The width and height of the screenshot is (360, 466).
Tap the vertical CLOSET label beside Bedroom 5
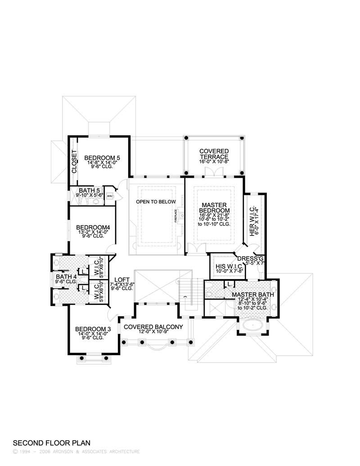[74, 162]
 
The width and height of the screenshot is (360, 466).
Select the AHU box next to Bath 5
[109, 197]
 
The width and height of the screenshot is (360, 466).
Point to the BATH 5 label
[90, 190]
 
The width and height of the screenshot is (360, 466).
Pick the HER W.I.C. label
[253, 221]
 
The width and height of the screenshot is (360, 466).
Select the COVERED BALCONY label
[153, 327]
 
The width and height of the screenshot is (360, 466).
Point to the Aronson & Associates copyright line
[76, 452]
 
